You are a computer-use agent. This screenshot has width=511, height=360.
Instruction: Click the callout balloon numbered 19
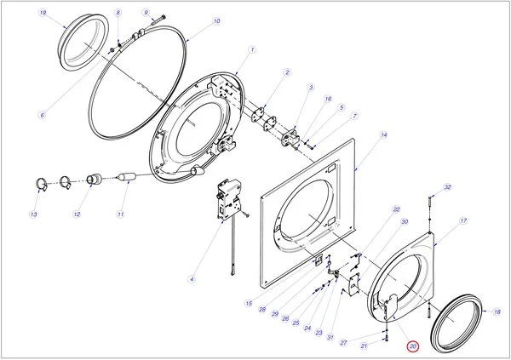(43, 14)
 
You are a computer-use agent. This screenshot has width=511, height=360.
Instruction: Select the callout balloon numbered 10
(216, 20)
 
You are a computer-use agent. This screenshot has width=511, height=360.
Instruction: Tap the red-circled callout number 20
(413, 346)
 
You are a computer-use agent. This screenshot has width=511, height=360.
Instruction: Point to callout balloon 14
(384, 135)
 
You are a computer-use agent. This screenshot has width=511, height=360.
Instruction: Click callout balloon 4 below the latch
(192, 279)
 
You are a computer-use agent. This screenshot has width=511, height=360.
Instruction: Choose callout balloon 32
(448, 187)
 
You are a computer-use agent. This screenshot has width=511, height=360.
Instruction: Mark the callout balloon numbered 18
(497, 312)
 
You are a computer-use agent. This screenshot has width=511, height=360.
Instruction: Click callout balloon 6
(42, 115)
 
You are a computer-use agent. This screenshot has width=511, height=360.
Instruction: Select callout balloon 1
(253, 50)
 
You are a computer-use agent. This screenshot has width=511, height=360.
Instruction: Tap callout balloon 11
(121, 214)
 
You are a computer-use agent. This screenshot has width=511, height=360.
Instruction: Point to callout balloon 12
(77, 214)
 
